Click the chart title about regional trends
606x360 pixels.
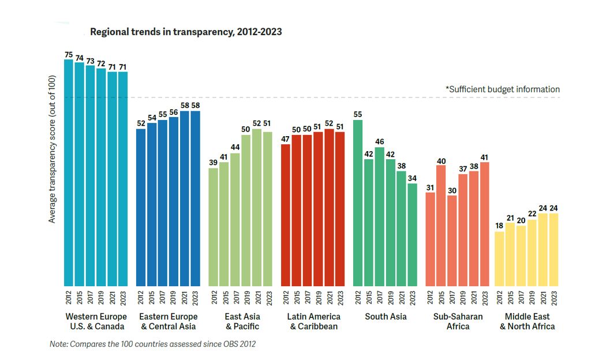point(186,32)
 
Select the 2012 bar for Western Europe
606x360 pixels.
point(69,173)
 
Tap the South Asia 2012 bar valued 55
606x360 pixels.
point(358,202)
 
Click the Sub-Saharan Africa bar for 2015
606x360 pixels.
point(441,225)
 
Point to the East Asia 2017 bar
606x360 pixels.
point(235,219)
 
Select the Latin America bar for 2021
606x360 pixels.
point(330,208)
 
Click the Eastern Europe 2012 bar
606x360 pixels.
point(141,208)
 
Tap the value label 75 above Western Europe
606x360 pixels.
point(69,55)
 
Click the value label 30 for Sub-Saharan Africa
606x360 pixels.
point(452,190)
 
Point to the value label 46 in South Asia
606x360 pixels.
point(380,142)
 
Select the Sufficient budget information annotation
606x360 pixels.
point(503,89)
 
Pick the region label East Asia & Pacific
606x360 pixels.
point(242,321)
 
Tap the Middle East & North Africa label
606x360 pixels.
point(527,321)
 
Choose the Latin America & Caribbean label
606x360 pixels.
point(314,321)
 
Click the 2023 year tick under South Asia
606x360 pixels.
point(412,298)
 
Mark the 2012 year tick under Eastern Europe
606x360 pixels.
point(141,298)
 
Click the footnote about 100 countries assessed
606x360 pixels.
point(152,344)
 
